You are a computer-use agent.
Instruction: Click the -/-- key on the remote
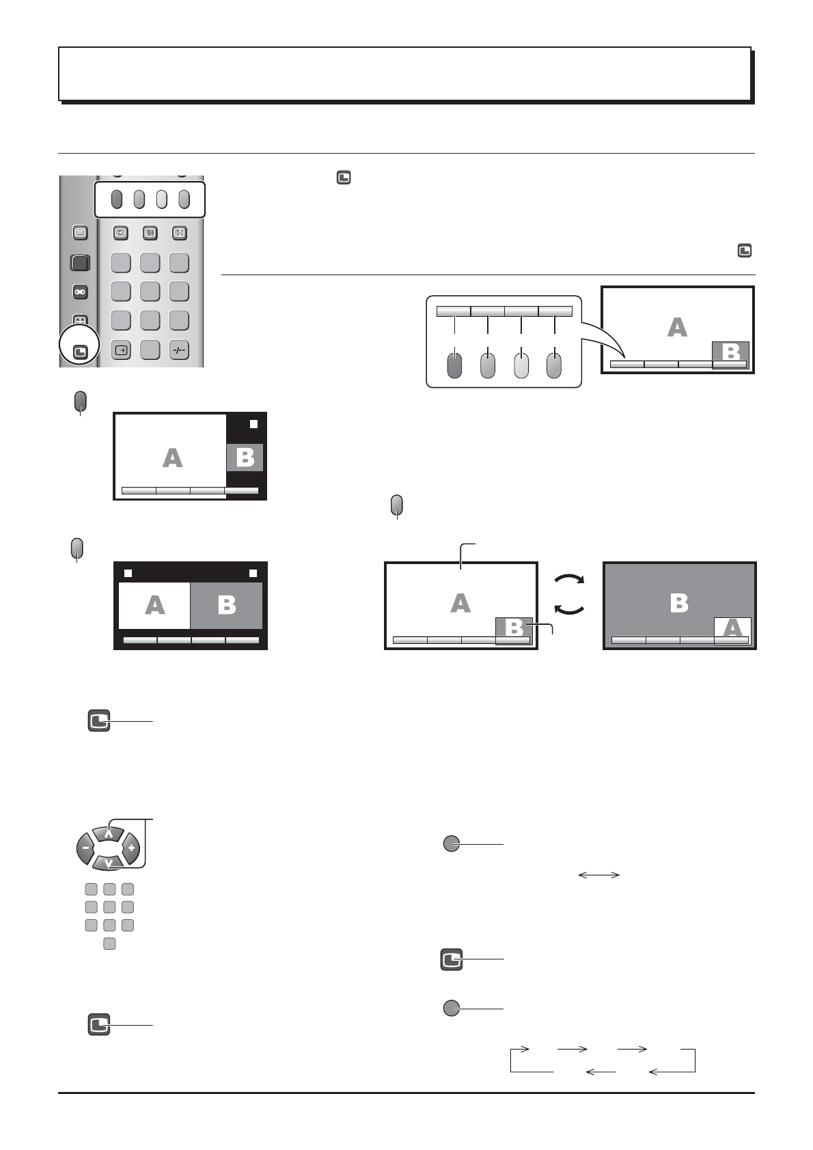[179, 350]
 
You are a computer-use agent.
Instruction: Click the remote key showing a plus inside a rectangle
[120, 350]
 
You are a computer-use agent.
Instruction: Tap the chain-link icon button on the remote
[80, 292]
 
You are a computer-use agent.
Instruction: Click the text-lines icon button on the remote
[80, 232]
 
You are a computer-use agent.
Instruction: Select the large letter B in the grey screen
[679, 602]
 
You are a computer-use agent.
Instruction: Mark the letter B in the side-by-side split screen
[226, 605]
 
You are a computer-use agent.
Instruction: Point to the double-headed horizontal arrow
[598, 875]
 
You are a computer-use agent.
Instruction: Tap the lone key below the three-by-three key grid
[109, 944]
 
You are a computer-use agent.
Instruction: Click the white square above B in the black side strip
[253, 424]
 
